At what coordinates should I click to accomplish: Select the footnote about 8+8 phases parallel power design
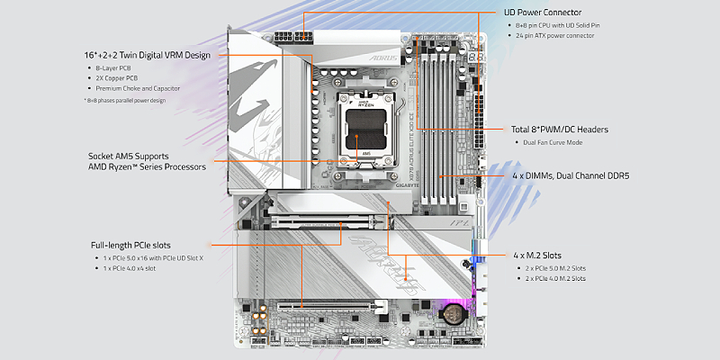click(x=127, y=101)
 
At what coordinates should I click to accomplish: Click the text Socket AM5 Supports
click(x=128, y=156)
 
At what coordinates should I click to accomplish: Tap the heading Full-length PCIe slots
click(x=130, y=245)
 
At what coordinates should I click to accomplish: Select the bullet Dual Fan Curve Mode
click(x=553, y=142)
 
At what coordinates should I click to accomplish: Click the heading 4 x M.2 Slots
click(x=543, y=256)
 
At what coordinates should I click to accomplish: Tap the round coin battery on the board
click(x=451, y=313)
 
